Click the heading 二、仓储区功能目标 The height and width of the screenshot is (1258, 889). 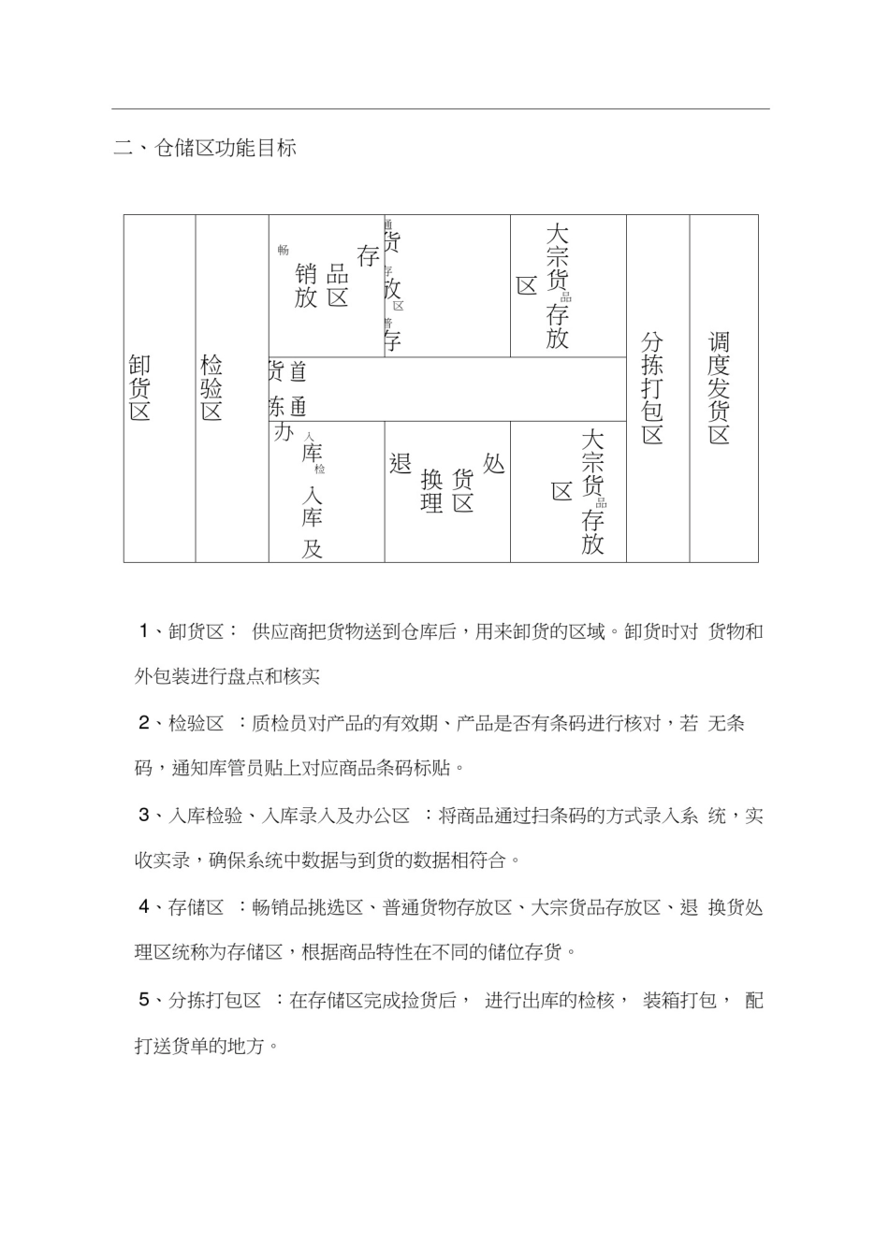[205, 148]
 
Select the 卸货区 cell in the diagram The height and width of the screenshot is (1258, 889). [159, 387]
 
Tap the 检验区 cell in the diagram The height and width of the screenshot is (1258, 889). [231, 387]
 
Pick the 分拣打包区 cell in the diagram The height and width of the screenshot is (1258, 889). [657, 387]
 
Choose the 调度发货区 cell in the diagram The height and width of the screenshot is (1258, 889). [722, 387]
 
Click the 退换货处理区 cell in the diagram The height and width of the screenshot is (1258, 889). [446, 490]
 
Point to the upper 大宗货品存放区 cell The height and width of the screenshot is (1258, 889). [567, 285]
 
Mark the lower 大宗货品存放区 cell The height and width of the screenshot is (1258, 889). [567, 491]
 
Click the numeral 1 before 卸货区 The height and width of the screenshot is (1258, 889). [144, 631]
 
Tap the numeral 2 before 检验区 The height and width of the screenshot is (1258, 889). [144, 723]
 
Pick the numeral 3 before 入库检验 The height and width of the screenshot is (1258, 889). [144, 816]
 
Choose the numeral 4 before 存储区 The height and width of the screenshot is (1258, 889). [144, 907]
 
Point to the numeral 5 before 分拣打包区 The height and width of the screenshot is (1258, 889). [144, 1001]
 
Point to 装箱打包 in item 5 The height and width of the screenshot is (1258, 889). [678, 1001]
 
